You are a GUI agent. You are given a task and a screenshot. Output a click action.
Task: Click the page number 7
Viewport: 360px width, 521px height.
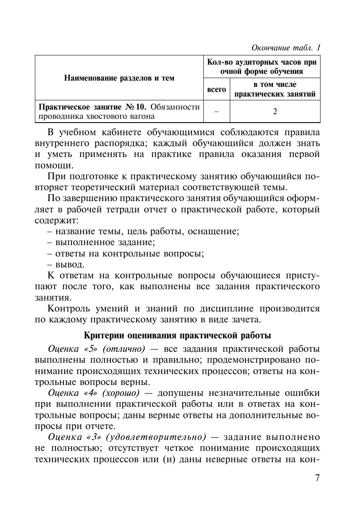tap(317, 478)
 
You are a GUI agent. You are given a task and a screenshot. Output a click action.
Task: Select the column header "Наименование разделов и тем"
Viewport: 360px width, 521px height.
tap(119, 78)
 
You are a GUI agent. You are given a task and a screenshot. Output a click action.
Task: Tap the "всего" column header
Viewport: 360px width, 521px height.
tap(217, 89)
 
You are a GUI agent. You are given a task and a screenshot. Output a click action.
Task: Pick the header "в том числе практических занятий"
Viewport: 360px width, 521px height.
tap(275, 89)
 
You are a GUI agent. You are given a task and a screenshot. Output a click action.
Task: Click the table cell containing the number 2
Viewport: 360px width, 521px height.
tap(275, 111)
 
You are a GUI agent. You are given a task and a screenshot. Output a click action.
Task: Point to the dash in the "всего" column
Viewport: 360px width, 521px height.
tap(216, 111)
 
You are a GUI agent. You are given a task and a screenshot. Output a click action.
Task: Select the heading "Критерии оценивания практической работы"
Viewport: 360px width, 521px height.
tap(177, 335)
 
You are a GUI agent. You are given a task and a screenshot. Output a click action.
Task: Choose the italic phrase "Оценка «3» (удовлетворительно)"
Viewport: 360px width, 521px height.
tap(127, 437)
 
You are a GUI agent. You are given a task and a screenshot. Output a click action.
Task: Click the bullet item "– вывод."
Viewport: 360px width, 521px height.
tap(66, 264)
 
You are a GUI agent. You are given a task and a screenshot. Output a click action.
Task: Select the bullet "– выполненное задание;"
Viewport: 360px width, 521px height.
tap(101, 242)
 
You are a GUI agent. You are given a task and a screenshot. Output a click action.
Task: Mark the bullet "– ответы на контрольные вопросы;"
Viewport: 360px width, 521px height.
tap(125, 254)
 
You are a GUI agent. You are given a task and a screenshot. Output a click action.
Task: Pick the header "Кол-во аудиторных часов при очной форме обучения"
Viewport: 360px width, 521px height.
tap(262, 66)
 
